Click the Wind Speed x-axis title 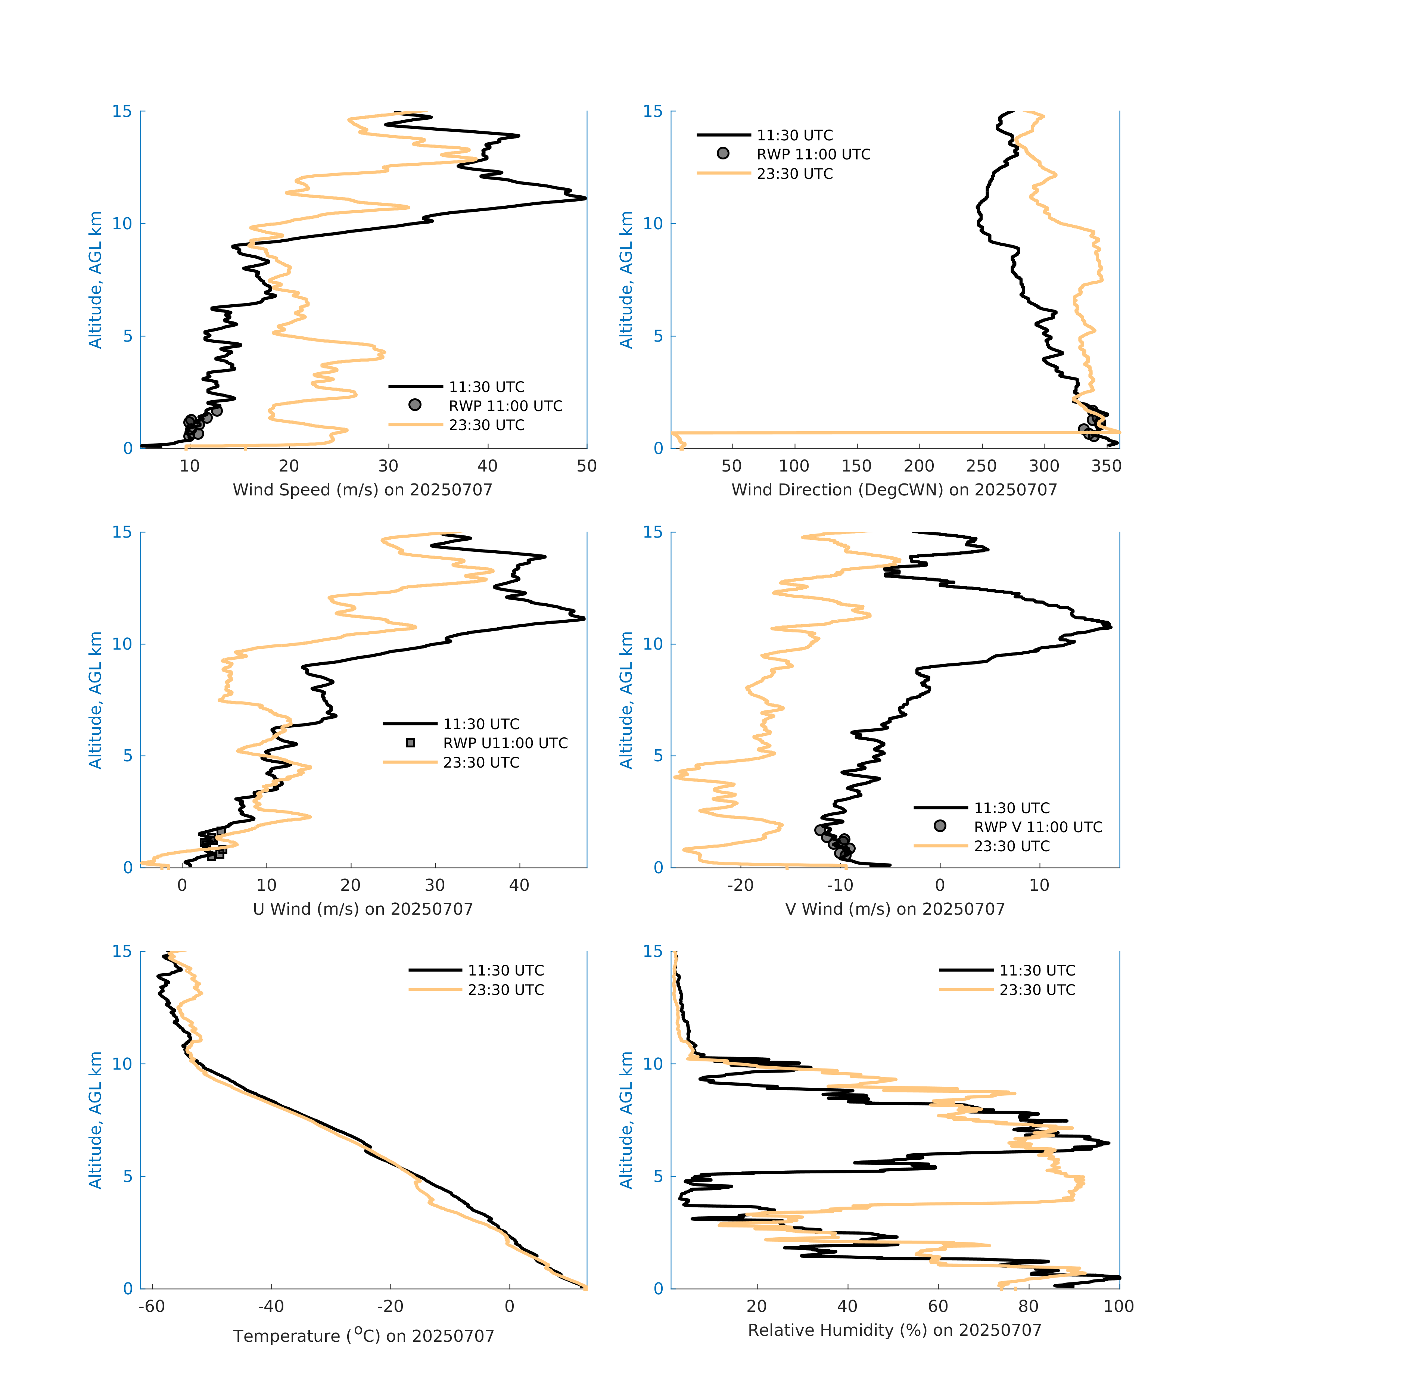tap(363, 490)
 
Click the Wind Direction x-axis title tap(894, 490)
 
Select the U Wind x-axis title tap(363, 909)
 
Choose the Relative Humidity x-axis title tap(894, 1330)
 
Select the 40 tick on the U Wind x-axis tap(519, 885)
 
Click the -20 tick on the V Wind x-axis tap(740, 885)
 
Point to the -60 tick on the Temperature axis tap(152, 1307)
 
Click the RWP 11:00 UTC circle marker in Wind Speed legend tap(415, 405)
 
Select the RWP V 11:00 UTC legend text tap(1037, 827)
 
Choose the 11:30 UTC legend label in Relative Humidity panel tap(1037, 971)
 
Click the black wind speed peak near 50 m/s tap(585, 198)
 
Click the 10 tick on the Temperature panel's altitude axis tap(122, 1064)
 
